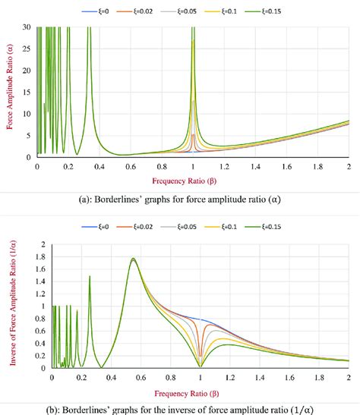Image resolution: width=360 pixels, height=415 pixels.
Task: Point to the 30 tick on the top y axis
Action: [x=28, y=27]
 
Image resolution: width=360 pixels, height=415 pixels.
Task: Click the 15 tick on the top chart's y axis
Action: [x=28, y=93]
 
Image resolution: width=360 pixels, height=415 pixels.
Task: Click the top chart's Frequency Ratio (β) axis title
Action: [x=191, y=181]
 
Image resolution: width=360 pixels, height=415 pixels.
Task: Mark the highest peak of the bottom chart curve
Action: [x=134, y=259]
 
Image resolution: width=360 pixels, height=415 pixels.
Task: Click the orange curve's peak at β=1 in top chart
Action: [x=193, y=134]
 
